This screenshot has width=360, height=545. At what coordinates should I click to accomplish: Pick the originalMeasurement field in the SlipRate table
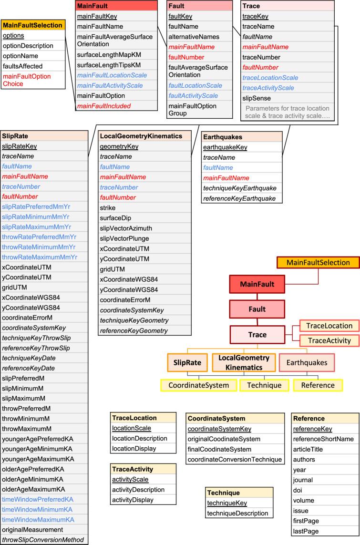point(32,530)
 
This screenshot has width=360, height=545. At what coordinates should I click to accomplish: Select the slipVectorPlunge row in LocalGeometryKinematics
point(124,238)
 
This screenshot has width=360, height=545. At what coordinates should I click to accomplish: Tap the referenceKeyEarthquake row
point(239,198)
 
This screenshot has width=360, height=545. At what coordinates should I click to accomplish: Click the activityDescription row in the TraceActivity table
point(138,490)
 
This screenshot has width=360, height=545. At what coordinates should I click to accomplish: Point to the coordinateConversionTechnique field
point(235,459)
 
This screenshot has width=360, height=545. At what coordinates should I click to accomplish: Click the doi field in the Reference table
point(298,490)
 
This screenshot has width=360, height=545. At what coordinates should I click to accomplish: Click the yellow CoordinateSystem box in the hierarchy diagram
point(198,385)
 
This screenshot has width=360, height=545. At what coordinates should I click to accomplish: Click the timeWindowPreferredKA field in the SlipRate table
point(38,499)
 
